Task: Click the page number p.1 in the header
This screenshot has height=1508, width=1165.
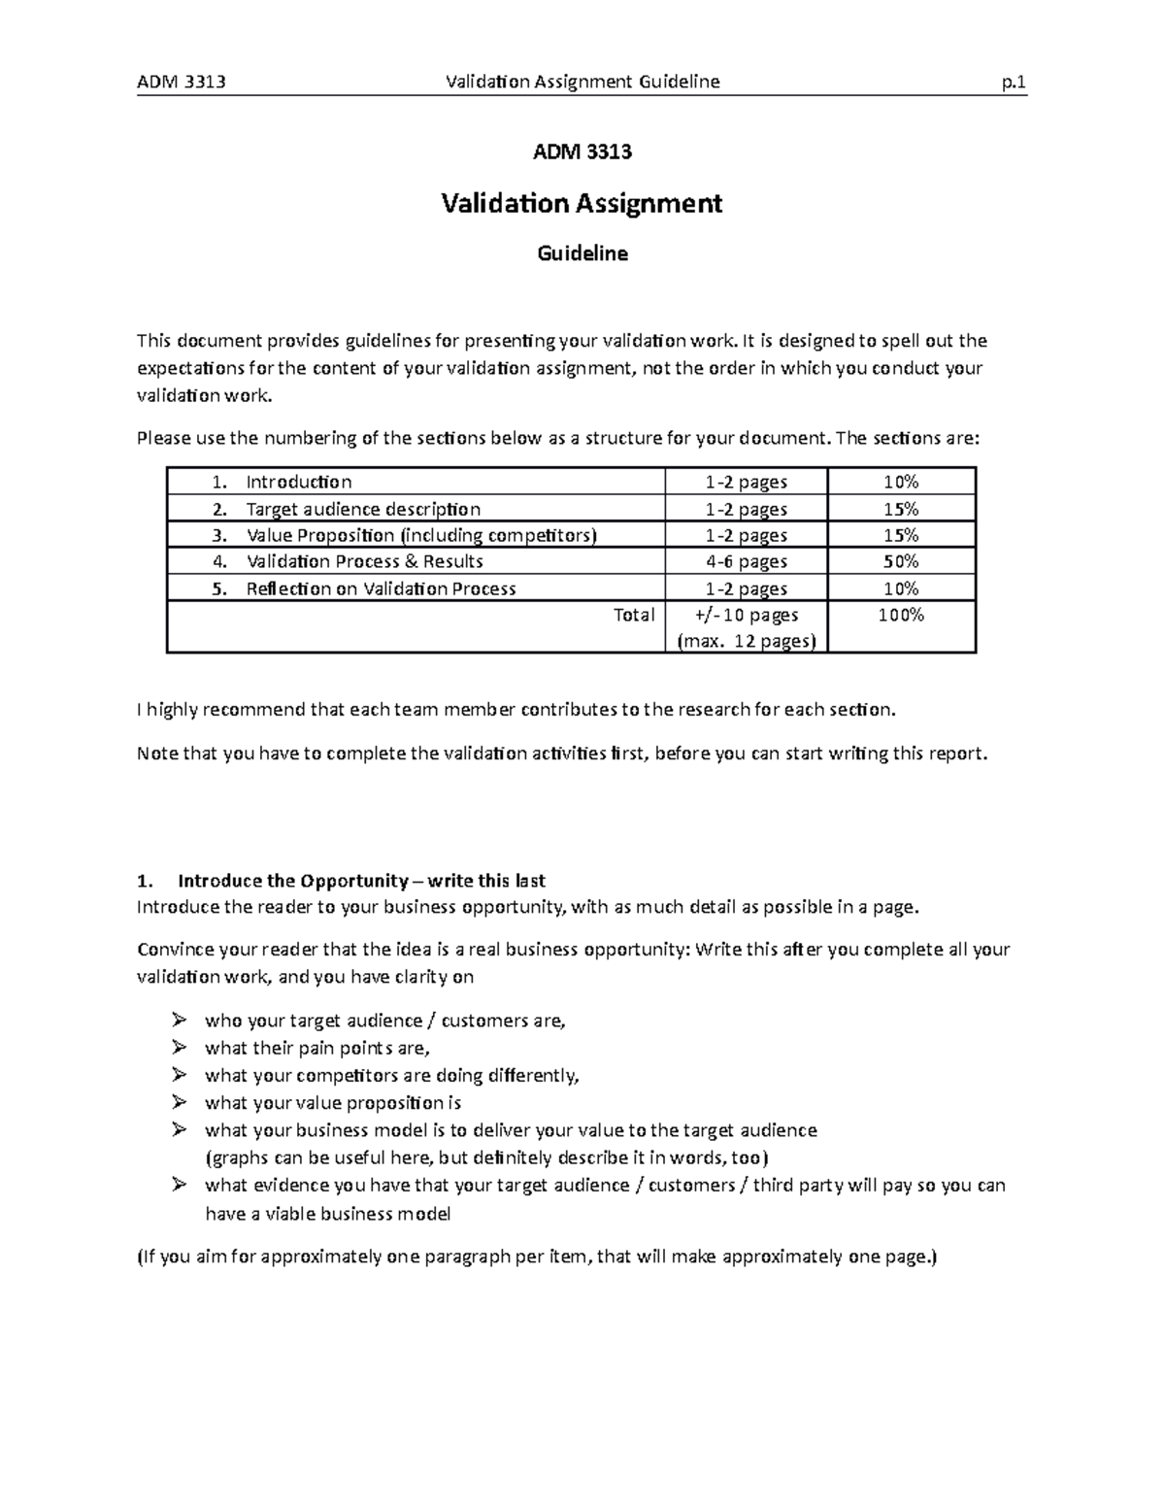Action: (x=1015, y=82)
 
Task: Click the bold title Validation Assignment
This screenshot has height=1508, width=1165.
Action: (x=582, y=203)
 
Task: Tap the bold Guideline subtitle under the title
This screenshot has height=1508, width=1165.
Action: (x=582, y=253)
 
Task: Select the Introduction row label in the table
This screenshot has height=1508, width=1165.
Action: (x=298, y=482)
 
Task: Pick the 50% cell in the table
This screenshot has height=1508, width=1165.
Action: (x=901, y=561)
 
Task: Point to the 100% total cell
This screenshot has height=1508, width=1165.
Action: (x=901, y=615)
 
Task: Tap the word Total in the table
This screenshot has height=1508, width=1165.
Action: (x=634, y=615)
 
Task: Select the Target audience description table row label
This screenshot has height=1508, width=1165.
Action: (x=362, y=509)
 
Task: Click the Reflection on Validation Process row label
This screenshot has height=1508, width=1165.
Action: (x=381, y=588)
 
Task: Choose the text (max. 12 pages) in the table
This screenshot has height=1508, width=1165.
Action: (x=746, y=641)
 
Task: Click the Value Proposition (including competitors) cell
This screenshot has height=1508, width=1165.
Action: (x=421, y=535)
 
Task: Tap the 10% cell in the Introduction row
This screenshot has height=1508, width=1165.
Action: (x=901, y=482)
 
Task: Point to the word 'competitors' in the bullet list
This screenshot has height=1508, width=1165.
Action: (x=339, y=1075)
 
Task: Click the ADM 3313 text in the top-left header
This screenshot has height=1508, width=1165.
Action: (x=182, y=82)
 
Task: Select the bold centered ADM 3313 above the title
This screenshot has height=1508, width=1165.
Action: (x=582, y=151)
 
